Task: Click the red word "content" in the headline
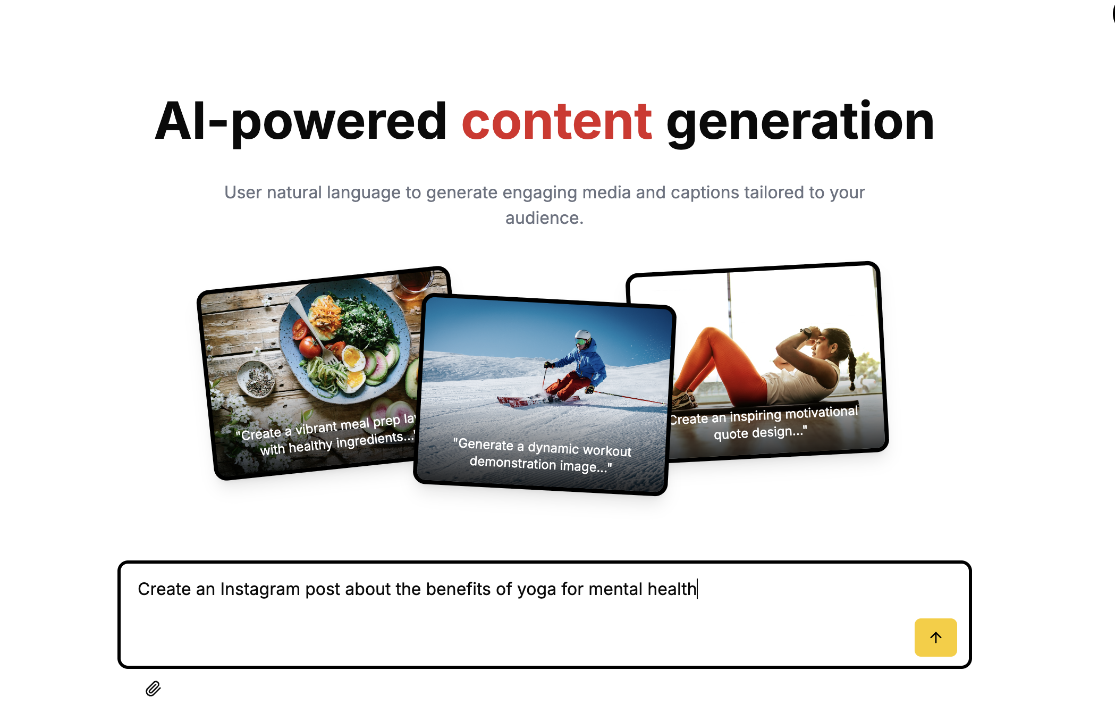click(557, 122)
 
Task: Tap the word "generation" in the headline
click(800, 123)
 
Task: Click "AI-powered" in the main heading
click(301, 123)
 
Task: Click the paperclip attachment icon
click(153, 689)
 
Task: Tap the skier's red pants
click(571, 385)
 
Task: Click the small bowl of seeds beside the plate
click(256, 379)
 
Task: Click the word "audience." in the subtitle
click(544, 218)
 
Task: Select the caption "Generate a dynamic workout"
click(542, 447)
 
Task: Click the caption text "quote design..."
click(761, 432)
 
